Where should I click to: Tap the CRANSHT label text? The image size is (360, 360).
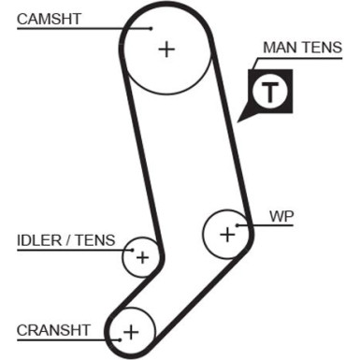pos(54,329)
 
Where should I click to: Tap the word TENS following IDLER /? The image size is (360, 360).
pos(96,240)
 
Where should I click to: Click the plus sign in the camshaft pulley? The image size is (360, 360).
pos(166,49)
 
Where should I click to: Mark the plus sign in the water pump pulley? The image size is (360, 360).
pos(227,234)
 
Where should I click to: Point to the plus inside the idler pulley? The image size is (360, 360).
pos(142,257)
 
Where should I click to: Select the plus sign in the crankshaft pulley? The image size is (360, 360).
pos(131,331)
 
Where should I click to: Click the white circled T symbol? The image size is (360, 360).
pos(270,92)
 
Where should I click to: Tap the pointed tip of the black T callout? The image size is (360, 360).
pos(241,122)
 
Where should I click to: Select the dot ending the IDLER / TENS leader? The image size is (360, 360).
pos(131,250)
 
